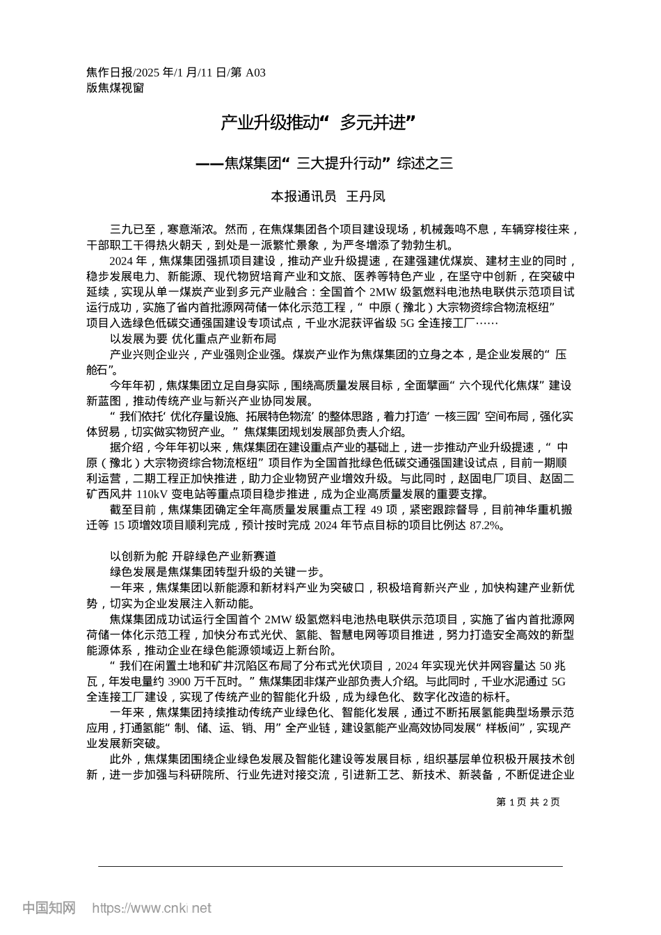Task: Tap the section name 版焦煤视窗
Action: point(115,88)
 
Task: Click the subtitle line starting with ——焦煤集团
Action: point(324,163)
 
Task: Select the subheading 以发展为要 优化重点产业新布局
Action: point(193,339)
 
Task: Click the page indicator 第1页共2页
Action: point(528,802)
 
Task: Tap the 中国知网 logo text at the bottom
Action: point(49,908)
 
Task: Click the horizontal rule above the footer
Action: point(330,866)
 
